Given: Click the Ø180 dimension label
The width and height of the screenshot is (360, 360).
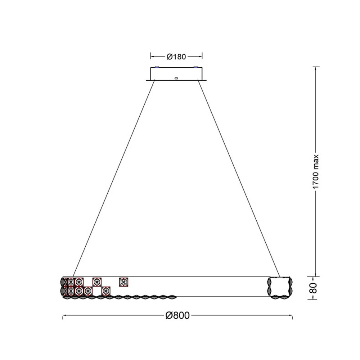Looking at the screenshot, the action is point(176,57).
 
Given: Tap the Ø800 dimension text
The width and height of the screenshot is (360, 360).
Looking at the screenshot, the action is point(177,315).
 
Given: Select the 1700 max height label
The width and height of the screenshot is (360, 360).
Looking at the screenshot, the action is point(316,171).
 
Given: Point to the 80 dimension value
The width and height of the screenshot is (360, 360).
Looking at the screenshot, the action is point(314,288).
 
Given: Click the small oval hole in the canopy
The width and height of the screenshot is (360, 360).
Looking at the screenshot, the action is point(176,78).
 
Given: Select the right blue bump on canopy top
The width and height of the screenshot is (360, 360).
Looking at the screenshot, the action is point(196,67).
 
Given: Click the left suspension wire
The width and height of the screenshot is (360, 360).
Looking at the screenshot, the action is point(114,178).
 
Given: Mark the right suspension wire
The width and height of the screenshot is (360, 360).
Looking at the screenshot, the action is point(239,178).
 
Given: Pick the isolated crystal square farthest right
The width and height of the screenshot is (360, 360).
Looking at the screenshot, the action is point(124,282).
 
